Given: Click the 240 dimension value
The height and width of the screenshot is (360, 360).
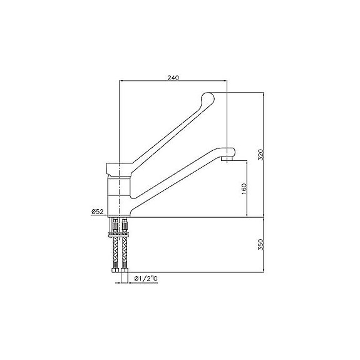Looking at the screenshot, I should coord(173,78).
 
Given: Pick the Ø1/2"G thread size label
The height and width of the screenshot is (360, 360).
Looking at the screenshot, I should coord(145,278).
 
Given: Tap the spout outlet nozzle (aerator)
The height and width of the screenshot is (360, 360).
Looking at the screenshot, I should coord(227,160).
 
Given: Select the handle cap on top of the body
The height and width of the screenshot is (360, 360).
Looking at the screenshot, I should coord(119,168).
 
